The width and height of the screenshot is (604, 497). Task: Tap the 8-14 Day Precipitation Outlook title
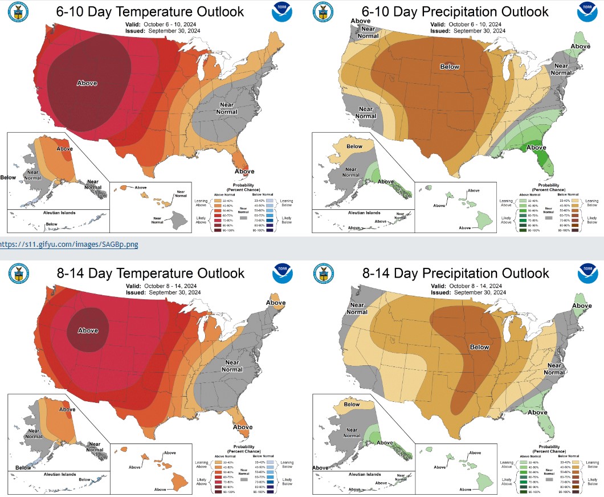click(456, 273)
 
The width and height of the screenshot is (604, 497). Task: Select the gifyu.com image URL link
click(69, 245)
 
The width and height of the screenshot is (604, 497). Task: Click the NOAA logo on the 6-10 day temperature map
click(283, 13)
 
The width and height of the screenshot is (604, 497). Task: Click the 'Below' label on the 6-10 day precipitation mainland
click(450, 67)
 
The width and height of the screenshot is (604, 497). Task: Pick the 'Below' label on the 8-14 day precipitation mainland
click(480, 347)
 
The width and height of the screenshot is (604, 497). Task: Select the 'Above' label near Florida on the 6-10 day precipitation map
click(536, 148)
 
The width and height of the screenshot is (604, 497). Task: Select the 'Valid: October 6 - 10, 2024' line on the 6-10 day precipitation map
click(466, 25)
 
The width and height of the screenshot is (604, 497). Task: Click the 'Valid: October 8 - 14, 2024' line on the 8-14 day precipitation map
click(466, 286)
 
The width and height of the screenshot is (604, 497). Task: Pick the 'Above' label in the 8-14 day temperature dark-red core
click(88, 331)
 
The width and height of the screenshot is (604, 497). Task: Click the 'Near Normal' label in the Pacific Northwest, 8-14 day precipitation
click(357, 309)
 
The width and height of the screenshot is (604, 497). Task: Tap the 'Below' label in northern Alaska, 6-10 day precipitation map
click(354, 146)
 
